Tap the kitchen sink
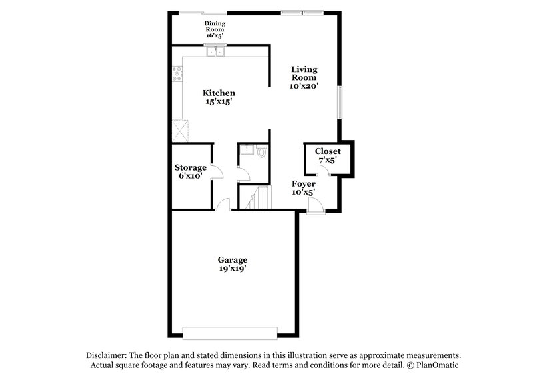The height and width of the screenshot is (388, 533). click(216, 51)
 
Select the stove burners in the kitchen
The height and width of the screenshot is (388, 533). click(177, 74)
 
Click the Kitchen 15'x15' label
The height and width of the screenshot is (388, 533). click(219, 97)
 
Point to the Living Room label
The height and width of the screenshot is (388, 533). click(303, 77)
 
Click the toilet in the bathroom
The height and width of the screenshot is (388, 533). click(261, 152)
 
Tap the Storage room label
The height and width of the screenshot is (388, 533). click(191, 171)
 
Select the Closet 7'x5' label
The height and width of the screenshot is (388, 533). click(327, 156)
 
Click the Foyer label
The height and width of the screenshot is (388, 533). click(303, 187)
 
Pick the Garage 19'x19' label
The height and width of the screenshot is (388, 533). click(232, 263)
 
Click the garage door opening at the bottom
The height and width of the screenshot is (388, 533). click(230, 332)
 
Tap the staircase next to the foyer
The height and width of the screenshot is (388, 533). click(257, 199)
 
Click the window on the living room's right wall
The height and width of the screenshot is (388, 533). click(339, 104)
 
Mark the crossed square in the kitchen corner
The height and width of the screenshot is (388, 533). click(179, 128)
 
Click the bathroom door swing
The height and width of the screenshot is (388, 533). click(244, 175)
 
